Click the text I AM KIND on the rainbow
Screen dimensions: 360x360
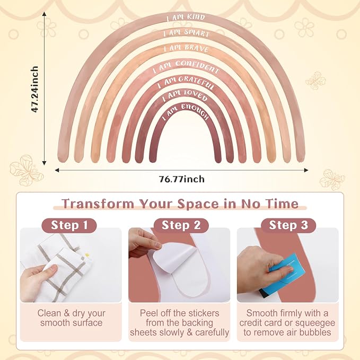[186, 17]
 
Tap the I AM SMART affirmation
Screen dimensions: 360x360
[186, 33]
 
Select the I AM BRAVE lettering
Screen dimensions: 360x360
[186, 48]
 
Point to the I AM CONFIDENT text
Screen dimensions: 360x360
[186, 67]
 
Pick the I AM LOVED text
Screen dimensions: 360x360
[185, 96]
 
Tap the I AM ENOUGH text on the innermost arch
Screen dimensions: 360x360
[186, 111]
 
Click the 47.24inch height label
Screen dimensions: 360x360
[34, 89]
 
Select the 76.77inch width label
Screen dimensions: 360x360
[182, 179]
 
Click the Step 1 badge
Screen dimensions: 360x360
[69, 225]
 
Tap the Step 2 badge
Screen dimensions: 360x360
[181, 225]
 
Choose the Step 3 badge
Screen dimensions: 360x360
[288, 225]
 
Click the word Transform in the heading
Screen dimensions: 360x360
[98, 204]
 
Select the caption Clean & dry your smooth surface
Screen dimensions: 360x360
[72, 318]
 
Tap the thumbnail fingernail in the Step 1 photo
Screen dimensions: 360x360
[53, 268]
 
